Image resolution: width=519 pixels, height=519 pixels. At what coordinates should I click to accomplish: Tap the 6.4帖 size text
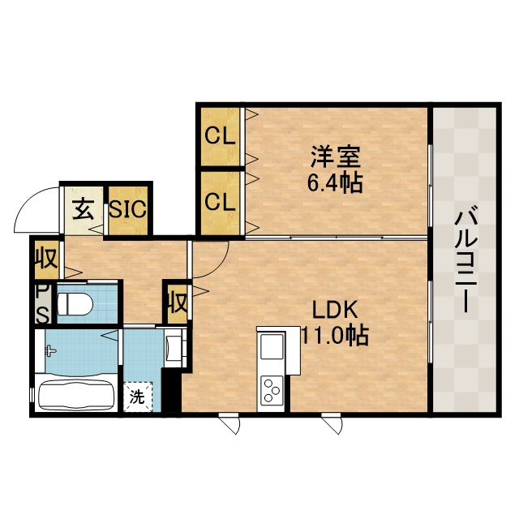click(335, 182)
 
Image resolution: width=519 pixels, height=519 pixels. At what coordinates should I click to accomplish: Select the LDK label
click(335, 311)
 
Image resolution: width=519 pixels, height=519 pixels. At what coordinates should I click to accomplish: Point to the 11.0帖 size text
click(335, 336)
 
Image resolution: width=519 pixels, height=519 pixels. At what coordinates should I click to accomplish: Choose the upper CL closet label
click(220, 135)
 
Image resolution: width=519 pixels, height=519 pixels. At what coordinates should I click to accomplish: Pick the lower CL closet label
click(220, 202)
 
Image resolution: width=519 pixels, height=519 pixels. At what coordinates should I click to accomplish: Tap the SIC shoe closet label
click(128, 208)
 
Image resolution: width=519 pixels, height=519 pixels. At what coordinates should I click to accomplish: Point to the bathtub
click(77, 395)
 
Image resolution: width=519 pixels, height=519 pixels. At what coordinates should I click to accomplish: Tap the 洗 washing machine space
click(138, 397)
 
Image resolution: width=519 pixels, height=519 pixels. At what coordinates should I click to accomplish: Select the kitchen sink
click(272, 346)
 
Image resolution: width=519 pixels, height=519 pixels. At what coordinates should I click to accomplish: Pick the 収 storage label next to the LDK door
click(178, 302)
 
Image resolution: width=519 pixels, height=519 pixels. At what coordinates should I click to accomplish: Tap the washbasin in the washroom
click(174, 347)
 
